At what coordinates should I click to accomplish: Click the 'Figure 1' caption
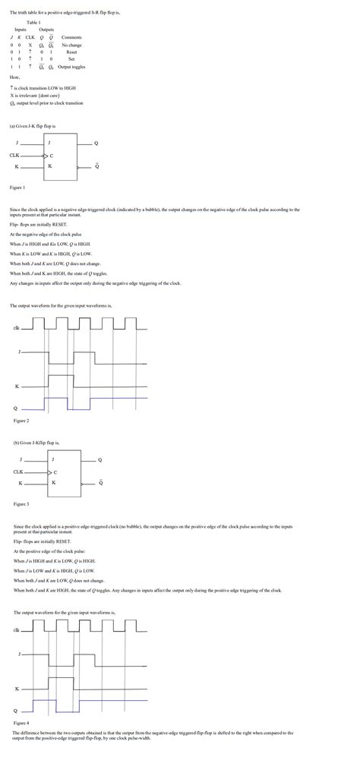coord(17,186)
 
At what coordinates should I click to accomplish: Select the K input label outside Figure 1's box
coord(17,166)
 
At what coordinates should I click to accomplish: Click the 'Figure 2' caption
coord(21,420)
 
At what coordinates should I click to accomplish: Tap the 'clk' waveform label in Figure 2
coord(16,327)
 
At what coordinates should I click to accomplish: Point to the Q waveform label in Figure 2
coord(15,407)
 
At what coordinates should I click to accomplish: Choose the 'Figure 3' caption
coord(21,503)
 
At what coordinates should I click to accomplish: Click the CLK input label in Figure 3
coord(18,472)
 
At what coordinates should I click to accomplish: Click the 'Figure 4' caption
coord(21,723)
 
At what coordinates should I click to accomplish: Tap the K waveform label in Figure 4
coord(17,688)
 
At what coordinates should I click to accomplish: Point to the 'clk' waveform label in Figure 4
coord(17,629)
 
